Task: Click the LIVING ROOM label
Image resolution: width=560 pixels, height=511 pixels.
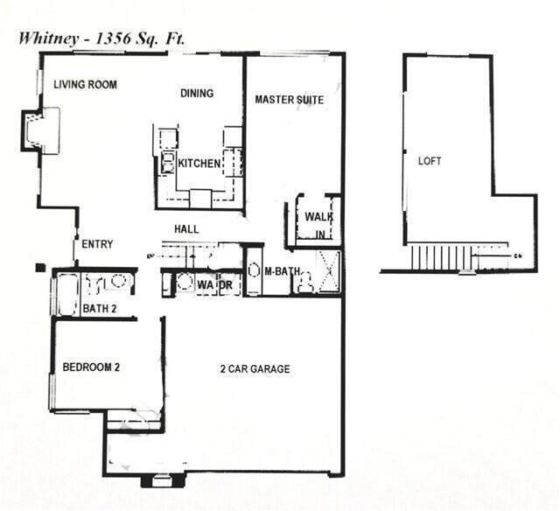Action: tap(85, 85)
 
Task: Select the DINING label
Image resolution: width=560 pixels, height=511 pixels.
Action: tap(197, 94)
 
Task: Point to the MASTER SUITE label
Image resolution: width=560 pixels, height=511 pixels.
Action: tap(289, 100)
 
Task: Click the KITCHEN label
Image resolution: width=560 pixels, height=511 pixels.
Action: tap(199, 164)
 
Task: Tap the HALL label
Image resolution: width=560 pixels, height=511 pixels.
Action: tap(185, 229)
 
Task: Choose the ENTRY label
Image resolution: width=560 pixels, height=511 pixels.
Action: tap(97, 244)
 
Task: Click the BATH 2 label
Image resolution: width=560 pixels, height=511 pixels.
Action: tap(100, 308)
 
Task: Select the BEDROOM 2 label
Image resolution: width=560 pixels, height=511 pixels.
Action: tap(91, 367)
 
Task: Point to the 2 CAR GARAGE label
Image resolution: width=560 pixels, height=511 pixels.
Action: tap(255, 369)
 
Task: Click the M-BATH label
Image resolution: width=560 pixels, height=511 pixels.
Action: tap(283, 271)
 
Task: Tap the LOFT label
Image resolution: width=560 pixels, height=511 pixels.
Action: tap(430, 161)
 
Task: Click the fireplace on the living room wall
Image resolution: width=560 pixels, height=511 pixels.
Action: tap(41, 130)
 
